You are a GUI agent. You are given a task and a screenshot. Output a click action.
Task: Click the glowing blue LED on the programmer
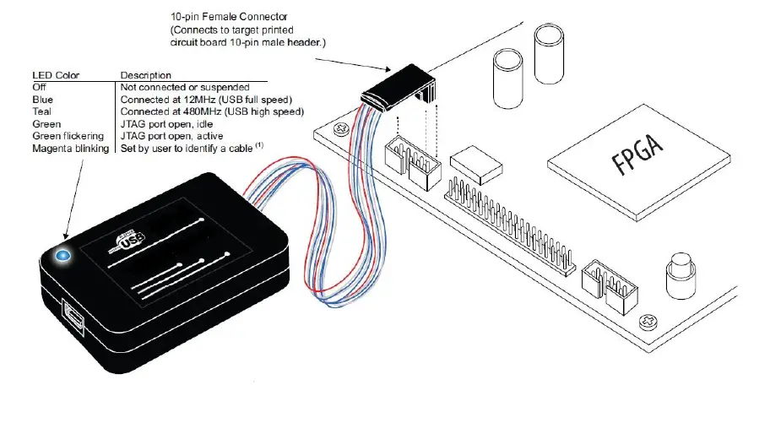[62, 254]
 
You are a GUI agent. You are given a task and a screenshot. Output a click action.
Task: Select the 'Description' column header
[146, 75]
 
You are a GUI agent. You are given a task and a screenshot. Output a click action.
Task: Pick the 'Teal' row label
[41, 111]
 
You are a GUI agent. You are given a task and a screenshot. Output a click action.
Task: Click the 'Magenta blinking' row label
[71, 148]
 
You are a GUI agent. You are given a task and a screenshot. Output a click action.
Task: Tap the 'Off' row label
[39, 87]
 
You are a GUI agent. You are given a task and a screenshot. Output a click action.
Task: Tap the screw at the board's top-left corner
[341, 129]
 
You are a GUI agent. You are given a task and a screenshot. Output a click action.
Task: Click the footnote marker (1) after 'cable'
[260, 146]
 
